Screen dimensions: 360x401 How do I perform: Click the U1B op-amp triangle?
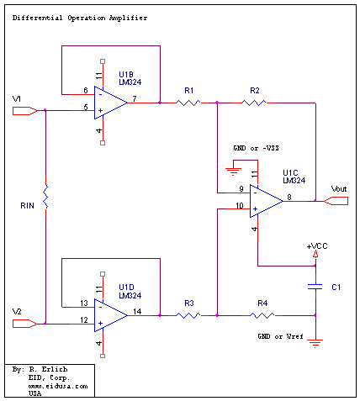click(x=110, y=103)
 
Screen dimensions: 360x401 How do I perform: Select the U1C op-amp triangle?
click(x=266, y=201)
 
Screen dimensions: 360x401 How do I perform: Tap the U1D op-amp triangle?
click(x=110, y=315)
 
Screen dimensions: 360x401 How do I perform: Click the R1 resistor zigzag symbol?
click(x=188, y=103)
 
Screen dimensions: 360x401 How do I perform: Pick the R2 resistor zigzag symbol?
click(x=254, y=103)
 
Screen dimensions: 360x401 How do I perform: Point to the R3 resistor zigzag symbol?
click(x=188, y=315)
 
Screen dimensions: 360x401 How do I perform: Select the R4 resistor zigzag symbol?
click(x=262, y=315)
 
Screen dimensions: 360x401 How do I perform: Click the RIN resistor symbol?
click(x=45, y=197)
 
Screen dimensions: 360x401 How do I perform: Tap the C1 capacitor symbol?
click(x=315, y=287)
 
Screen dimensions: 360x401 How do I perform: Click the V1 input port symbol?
click(x=25, y=111)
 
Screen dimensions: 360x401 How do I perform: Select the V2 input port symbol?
click(x=25, y=324)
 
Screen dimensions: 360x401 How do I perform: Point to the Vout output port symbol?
click(x=336, y=201)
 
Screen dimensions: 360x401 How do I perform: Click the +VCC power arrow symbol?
click(x=315, y=254)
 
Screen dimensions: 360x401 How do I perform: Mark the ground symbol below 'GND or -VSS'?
click(x=233, y=171)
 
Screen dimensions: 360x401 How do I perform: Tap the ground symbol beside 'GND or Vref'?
click(x=315, y=343)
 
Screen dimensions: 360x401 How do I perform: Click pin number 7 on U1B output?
click(x=135, y=98)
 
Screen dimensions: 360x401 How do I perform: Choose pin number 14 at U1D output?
click(x=137, y=311)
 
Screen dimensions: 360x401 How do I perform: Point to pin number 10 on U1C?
click(x=240, y=206)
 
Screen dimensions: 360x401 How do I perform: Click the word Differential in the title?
click(x=37, y=18)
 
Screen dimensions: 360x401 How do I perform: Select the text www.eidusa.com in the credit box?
click(x=58, y=386)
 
